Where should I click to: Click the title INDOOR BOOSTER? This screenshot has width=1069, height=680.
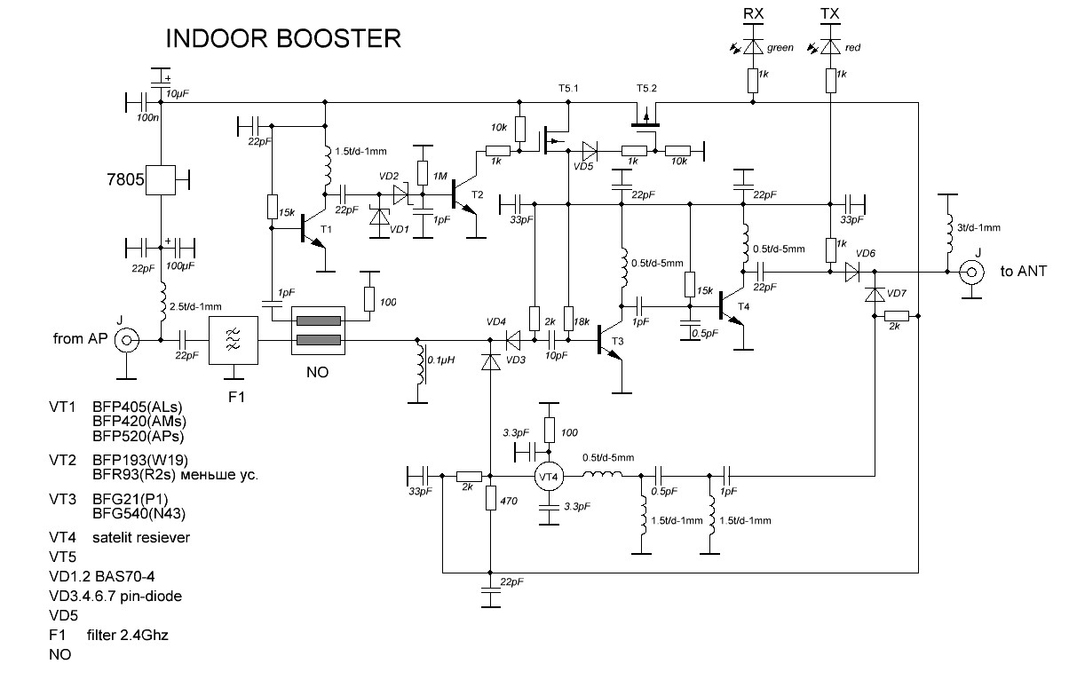tap(283, 39)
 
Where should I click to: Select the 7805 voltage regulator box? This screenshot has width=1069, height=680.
tap(161, 180)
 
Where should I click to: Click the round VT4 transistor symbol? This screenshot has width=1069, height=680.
tap(550, 477)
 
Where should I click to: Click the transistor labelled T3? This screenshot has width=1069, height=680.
tap(609, 340)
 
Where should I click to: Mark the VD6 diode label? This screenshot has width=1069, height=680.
tap(866, 254)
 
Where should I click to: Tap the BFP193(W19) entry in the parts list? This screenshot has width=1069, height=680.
tap(136, 461)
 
